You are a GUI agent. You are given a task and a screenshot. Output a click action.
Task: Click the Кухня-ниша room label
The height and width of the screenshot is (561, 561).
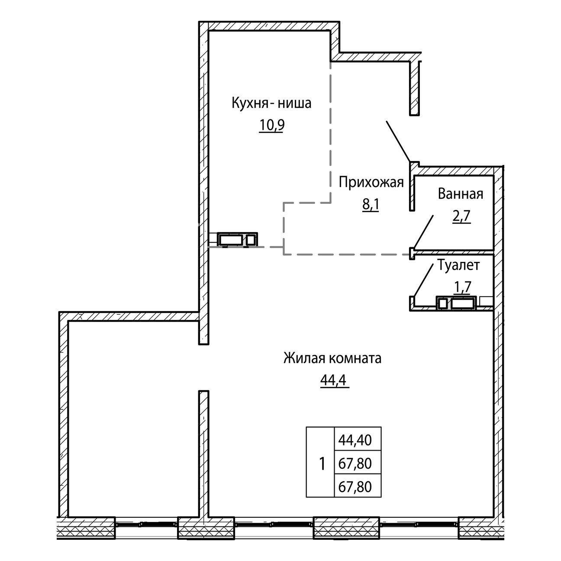point(271,103)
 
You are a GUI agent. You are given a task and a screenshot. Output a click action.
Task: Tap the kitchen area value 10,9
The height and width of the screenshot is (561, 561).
point(271,126)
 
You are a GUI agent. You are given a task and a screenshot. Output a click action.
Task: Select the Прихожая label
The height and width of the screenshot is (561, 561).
point(371,183)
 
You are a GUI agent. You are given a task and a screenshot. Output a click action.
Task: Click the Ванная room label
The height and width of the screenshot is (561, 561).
point(461,194)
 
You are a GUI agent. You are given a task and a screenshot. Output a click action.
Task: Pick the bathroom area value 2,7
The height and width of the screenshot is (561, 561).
point(461,216)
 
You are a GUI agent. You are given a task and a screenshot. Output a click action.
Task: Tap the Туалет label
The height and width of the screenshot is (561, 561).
point(459,265)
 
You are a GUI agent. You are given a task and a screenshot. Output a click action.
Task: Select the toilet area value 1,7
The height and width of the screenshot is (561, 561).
point(463,287)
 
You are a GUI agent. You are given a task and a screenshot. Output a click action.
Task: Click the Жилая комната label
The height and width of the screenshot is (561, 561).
point(332,358)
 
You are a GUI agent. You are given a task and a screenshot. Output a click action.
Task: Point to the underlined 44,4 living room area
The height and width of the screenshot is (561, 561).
point(335,380)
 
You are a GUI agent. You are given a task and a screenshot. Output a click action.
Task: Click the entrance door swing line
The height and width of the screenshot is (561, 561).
point(399,141)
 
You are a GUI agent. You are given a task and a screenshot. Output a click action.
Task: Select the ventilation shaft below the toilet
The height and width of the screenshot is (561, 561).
point(456,303)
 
